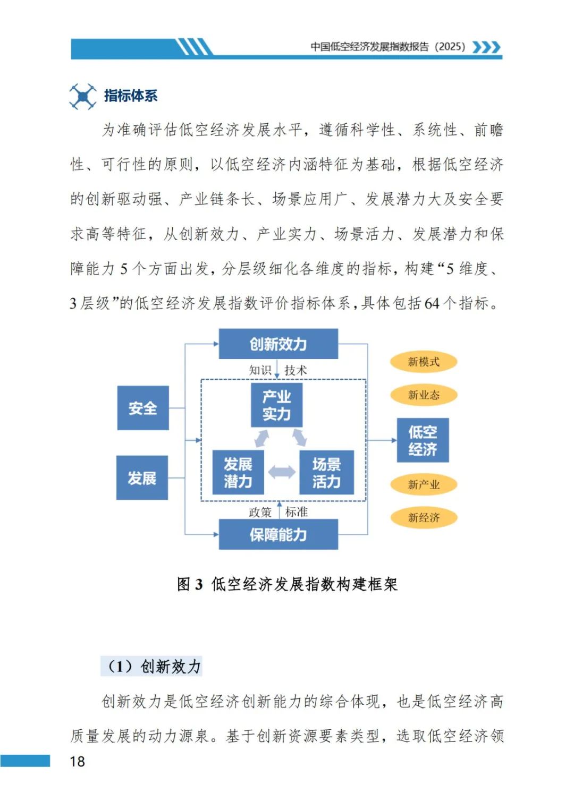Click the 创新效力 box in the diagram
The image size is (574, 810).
[278, 344]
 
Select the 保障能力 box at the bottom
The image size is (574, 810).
[278, 534]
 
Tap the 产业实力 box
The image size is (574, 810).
[276, 405]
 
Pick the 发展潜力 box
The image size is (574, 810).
[238, 472]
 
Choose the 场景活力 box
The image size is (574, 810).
[326, 472]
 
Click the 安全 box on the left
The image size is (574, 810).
[142, 408]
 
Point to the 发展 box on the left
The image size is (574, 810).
[142, 478]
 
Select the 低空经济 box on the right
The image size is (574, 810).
[423, 440]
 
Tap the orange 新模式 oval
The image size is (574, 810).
[424, 362]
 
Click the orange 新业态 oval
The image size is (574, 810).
[424, 395]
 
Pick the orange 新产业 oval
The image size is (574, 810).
[424, 484]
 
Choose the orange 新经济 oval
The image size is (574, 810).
[424, 517]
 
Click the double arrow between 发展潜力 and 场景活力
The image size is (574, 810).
[282, 472]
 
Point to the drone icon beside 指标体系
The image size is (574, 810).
[83, 96]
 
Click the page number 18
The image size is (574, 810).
[78, 761]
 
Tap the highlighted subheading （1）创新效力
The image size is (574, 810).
[151, 666]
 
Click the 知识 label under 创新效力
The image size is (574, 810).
[260, 370]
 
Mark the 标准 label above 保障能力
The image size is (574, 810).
[296, 512]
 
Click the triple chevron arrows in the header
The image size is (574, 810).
[486, 47]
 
